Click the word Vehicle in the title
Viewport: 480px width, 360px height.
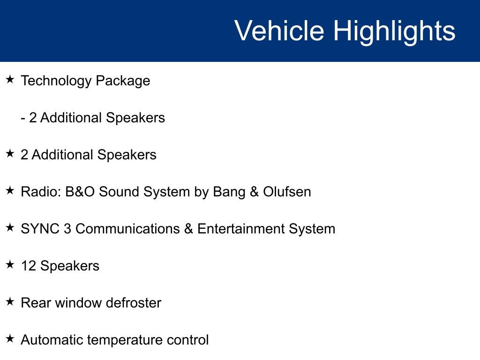coord(279,31)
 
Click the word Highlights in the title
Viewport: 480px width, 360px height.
coord(394,31)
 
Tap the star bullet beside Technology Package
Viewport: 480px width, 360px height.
coord(10,80)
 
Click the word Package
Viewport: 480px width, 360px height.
coord(123,81)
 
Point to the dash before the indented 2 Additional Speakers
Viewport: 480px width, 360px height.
coord(23,118)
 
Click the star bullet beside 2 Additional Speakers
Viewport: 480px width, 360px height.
coord(10,154)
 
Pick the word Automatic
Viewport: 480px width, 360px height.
coord(52,340)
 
